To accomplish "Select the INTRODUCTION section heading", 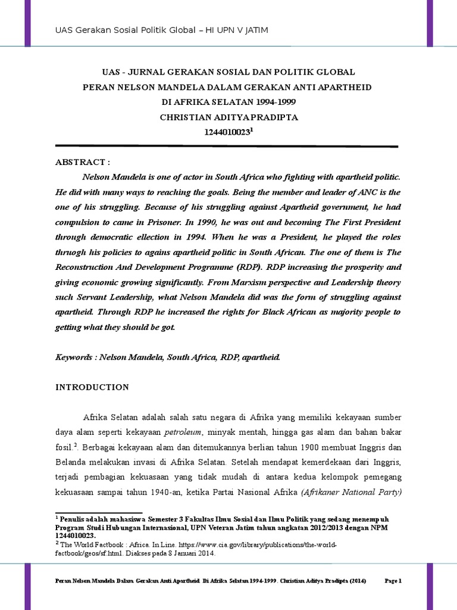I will [92, 387].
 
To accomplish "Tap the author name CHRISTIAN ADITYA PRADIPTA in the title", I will [228, 117].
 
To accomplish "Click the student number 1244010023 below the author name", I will [227, 133].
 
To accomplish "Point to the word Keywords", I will [76, 358].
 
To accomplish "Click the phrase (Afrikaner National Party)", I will [351, 492].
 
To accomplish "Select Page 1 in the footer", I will [394, 580].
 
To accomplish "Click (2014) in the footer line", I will [355, 580].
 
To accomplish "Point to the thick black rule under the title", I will [226, 146].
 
